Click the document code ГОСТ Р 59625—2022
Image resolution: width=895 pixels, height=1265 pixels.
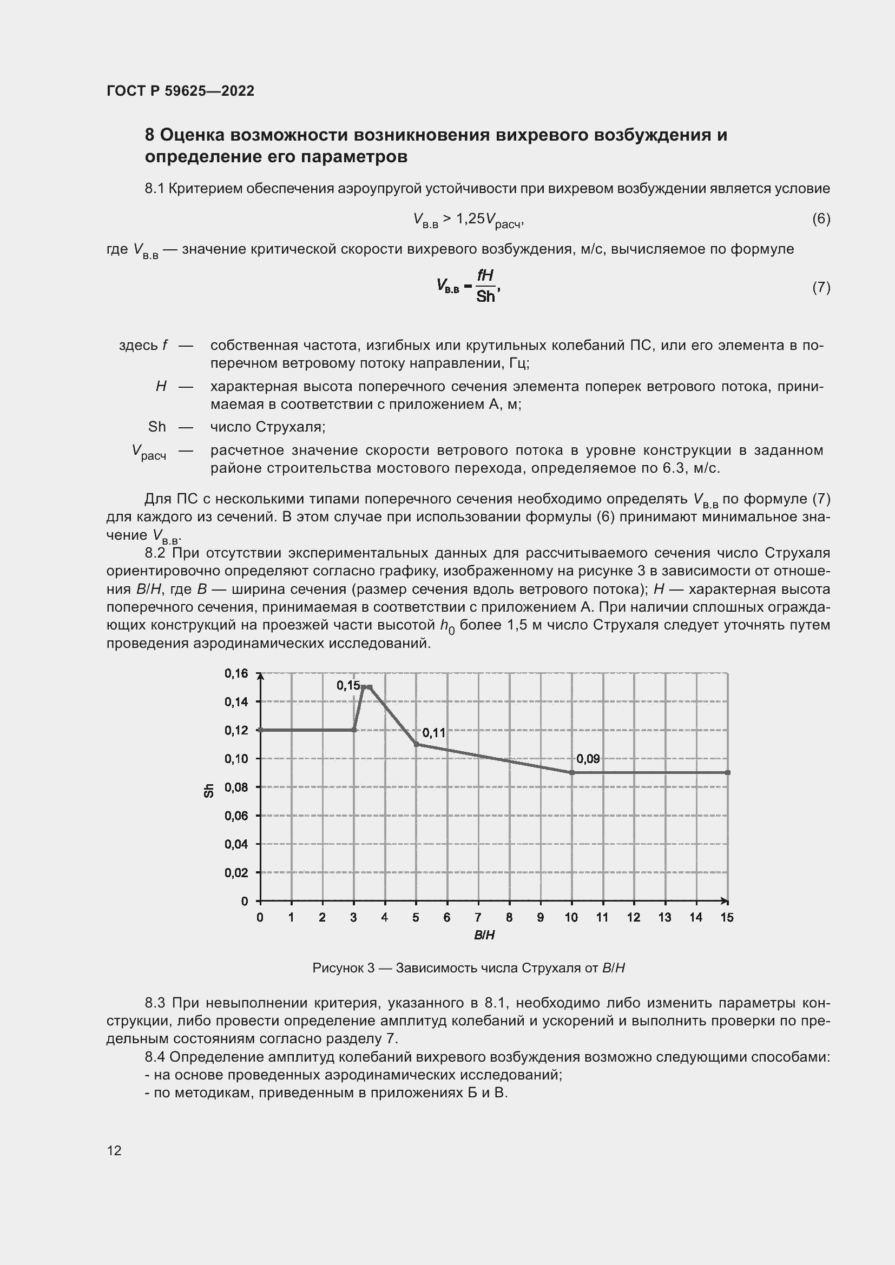(x=180, y=91)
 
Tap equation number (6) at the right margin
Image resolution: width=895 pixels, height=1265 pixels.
(x=821, y=218)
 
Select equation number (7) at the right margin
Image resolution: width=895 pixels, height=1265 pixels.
(x=821, y=287)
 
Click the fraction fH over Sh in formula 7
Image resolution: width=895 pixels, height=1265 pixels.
(x=485, y=286)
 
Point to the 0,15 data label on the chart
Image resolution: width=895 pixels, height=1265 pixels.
(x=348, y=685)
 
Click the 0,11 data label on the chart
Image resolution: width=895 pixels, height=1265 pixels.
(x=433, y=733)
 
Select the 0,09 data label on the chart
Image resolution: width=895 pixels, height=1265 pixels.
(x=588, y=759)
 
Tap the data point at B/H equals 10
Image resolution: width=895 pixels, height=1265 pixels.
(x=571, y=772)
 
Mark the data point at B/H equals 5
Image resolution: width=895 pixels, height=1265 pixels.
(x=416, y=744)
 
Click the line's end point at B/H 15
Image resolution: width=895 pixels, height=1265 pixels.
(x=727, y=772)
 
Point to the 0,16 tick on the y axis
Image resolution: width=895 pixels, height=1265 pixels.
(x=236, y=673)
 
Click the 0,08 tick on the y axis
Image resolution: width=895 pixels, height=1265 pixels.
(x=236, y=787)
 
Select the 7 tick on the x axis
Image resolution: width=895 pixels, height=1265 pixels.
(x=478, y=917)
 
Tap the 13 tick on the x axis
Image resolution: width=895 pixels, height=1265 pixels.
(x=664, y=917)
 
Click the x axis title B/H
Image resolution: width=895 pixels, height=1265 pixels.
(x=484, y=935)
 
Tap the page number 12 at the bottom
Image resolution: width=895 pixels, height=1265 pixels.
(x=114, y=1150)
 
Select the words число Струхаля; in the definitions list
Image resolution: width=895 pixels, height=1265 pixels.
(x=268, y=427)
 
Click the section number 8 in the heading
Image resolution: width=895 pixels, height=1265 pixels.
(x=149, y=135)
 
